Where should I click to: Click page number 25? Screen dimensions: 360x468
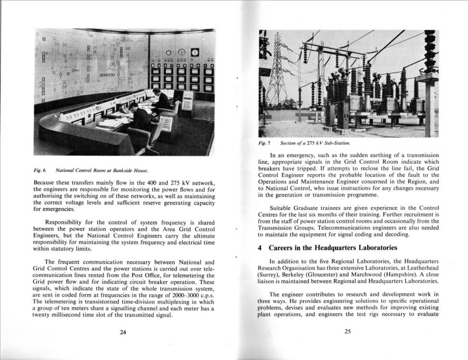coord(348,331)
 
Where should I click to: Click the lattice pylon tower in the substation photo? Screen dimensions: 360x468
coord(277,72)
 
